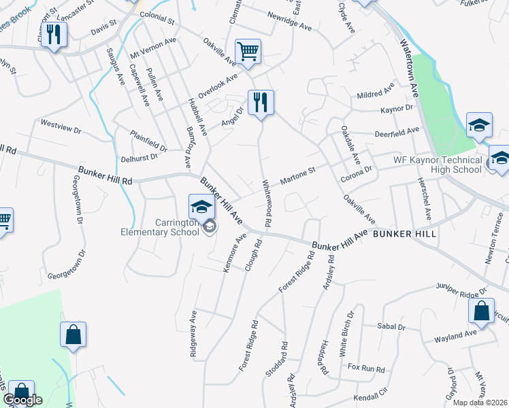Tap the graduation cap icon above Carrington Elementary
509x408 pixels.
click(x=201, y=206)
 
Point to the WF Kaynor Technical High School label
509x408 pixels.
click(x=438, y=165)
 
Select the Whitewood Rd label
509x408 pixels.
click(x=268, y=203)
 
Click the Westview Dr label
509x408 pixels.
click(x=61, y=124)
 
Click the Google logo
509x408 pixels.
click(x=22, y=399)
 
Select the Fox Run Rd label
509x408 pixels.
click(x=366, y=369)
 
